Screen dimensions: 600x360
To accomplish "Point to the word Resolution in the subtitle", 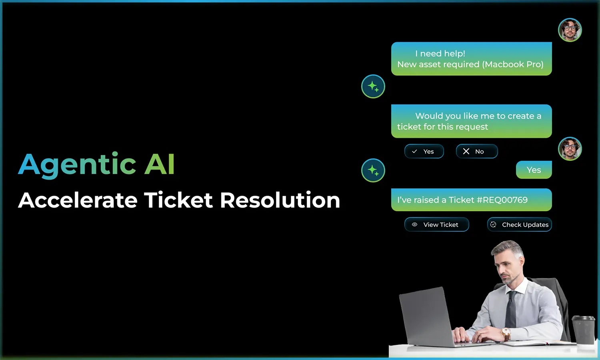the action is pyautogui.click(x=280, y=200).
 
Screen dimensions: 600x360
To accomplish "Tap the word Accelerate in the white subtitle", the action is pyautogui.click(x=78, y=200).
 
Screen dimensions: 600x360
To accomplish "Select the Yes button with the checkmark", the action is pyautogui.click(x=424, y=151).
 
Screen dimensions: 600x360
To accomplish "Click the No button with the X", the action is pyautogui.click(x=477, y=151).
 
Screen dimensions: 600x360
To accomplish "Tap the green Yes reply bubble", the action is pyautogui.click(x=534, y=170).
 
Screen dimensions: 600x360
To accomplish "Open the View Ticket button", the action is pyautogui.click(x=437, y=224).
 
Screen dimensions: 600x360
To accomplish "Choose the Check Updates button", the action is pyautogui.click(x=519, y=224).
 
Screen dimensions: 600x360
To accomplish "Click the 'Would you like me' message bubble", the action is pyautogui.click(x=472, y=121).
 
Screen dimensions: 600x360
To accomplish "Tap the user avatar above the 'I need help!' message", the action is pyautogui.click(x=570, y=30).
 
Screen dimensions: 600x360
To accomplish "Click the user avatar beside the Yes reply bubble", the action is pyautogui.click(x=570, y=149).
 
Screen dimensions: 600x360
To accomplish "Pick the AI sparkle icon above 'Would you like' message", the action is pyautogui.click(x=373, y=86).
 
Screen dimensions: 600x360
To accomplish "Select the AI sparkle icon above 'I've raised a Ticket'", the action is pyautogui.click(x=373, y=170).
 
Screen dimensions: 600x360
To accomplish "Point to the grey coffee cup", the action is pyautogui.click(x=583, y=330).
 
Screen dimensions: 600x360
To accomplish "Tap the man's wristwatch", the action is pyautogui.click(x=506, y=334).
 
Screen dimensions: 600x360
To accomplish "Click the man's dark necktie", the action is pyautogui.click(x=511, y=309).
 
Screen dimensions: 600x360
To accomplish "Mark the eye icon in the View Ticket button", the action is pyautogui.click(x=414, y=224).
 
